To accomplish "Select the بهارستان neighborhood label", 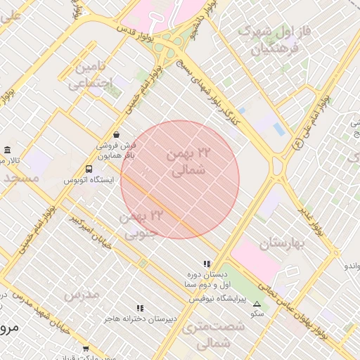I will (285, 244).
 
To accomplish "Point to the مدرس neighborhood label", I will (82, 294).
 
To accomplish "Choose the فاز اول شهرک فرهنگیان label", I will (274, 40).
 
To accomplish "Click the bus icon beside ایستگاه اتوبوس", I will (89, 169).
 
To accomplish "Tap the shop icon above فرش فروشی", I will (116, 134).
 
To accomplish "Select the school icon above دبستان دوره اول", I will (206, 264).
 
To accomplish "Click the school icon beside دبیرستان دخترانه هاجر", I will (140, 308).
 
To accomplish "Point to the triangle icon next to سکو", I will (257, 304).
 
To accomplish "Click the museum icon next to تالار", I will (7, 150).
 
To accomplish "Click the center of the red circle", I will (180, 180).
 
